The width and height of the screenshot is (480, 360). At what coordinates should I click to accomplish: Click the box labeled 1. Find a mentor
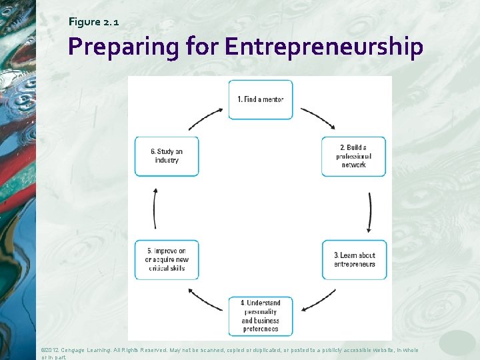tap(261, 100)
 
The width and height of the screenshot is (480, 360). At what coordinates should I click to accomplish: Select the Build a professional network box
tap(353, 157)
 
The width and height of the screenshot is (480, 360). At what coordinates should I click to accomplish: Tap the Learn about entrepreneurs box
tap(353, 259)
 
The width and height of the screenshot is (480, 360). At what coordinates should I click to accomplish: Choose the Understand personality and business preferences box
tap(261, 315)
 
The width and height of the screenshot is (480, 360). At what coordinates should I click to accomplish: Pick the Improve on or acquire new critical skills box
tap(167, 259)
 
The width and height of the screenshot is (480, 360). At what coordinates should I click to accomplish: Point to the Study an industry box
tap(167, 157)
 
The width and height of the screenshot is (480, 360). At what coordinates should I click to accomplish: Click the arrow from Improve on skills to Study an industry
tap(155, 208)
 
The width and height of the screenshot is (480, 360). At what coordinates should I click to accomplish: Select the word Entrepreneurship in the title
tap(324, 47)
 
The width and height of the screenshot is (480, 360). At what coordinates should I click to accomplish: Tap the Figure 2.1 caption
tap(94, 22)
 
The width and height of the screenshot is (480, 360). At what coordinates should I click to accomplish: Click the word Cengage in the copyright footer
tap(79, 350)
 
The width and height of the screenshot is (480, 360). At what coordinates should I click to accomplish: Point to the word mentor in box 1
tap(272, 100)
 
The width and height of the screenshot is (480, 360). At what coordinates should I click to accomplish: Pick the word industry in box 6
tap(167, 161)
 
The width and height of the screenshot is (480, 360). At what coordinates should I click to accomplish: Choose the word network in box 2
tap(353, 165)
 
